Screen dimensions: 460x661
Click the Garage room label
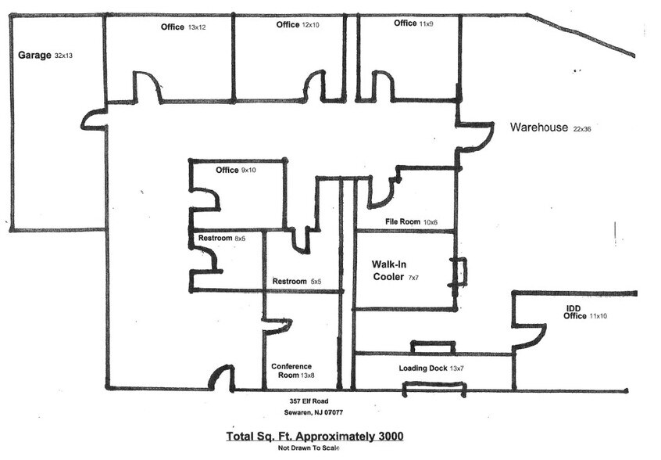[34, 56]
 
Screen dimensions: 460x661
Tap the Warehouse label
[539, 128]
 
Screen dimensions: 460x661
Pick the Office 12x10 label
[298, 25]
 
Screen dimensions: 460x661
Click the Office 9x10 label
[236, 171]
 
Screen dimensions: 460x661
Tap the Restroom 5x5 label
[298, 282]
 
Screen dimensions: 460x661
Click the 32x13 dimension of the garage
[65, 56]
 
